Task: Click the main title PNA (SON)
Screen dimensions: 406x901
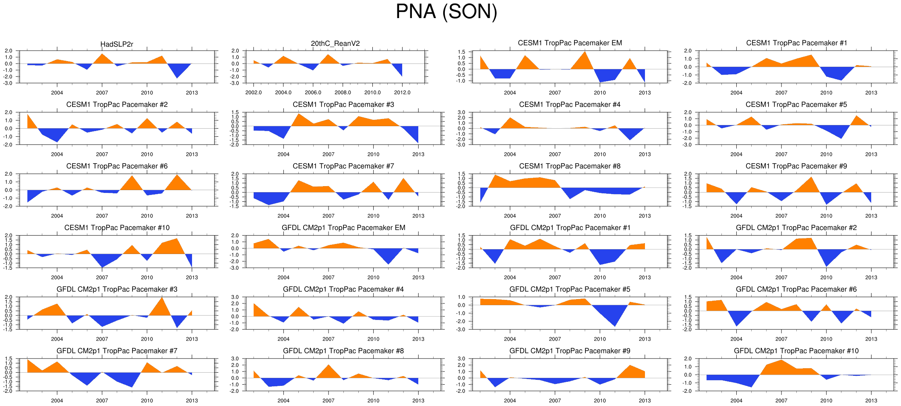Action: tap(446, 11)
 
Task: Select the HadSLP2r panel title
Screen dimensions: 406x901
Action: tap(117, 44)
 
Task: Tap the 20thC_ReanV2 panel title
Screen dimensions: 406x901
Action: tap(335, 43)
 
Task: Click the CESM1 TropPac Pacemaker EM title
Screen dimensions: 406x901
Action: tap(570, 43)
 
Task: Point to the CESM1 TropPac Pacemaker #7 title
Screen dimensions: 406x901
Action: tap(343, 166)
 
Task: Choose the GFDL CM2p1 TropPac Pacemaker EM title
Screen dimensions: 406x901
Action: tap(343, 228)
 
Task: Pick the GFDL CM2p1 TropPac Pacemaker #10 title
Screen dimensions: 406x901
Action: tap(796, 351)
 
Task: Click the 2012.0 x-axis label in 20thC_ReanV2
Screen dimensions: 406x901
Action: tap(402, 92)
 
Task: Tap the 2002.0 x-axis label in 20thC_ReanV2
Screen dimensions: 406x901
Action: tap(254, 92)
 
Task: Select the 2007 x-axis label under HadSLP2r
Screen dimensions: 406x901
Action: tap(102, 92)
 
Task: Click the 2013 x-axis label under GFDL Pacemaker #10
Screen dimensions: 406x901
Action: tap(871, 400)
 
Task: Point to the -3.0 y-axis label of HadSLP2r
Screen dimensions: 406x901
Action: tap(8, 83)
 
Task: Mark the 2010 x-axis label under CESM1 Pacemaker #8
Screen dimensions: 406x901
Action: tap(599, 216)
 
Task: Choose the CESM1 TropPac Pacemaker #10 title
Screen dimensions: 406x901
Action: tap(117, 228)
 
